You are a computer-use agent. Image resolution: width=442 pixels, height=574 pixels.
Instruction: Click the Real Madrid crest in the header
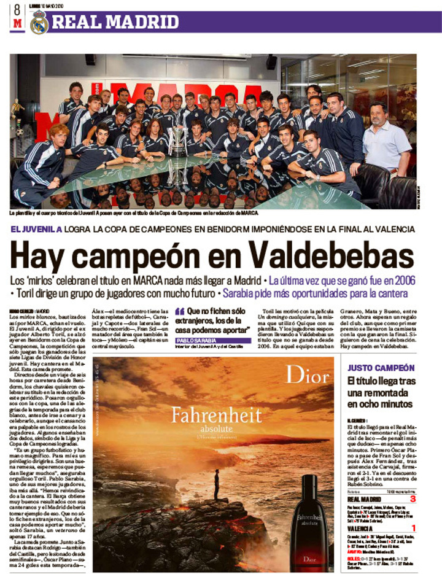coord(39,22)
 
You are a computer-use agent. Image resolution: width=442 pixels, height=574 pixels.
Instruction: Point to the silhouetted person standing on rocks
coord(216,483)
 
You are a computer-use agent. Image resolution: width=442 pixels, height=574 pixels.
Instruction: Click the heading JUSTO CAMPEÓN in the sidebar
coord(381,368)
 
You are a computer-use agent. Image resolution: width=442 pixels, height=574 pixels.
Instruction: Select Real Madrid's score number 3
coord(413,498)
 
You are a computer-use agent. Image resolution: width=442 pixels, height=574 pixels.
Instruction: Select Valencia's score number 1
coord(413,527)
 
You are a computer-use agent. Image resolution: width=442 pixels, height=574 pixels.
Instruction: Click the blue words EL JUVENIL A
coord(37,229)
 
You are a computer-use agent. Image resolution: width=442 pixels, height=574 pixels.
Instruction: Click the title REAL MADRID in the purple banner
coord(115,22)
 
